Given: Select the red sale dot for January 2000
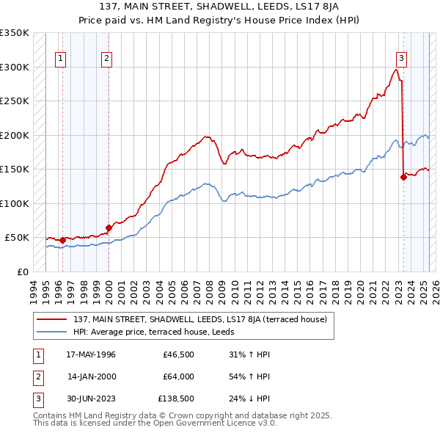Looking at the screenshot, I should pos(109,228).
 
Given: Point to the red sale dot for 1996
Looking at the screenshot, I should pos(62,239).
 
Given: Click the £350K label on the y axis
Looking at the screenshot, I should pos(14,33).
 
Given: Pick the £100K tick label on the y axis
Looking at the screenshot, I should pos(14,203).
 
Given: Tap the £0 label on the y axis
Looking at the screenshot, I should pos(21,272).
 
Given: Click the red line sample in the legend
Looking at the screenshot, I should pos(51,319).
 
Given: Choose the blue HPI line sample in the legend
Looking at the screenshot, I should pos(51,332).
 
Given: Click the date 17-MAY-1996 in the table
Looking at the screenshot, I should pos(91,354).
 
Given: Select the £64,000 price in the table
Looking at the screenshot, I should pos(177,376).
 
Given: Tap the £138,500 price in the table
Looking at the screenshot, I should pos(175,399).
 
